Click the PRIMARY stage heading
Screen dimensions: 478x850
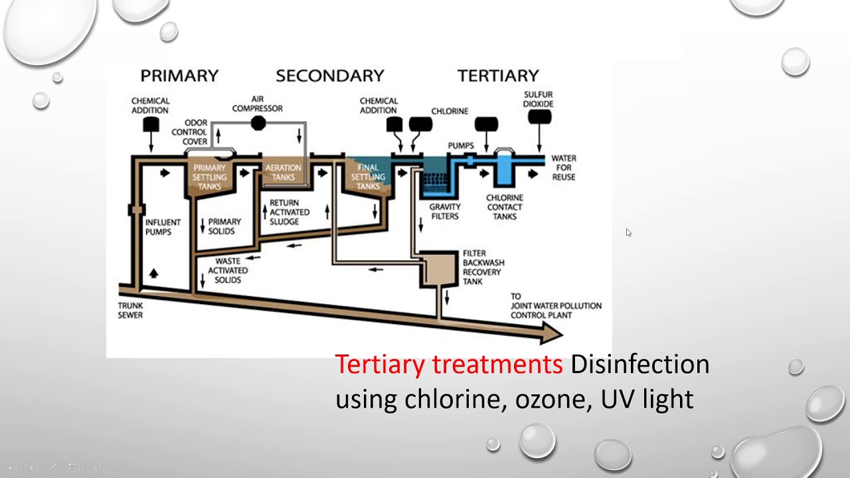tap(179, 76)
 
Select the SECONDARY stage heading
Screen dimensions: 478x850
tap(330, 76)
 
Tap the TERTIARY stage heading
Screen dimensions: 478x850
tap(498, 76)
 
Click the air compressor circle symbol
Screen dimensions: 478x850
tap(258, 123)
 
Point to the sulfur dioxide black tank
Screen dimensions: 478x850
tap(539, 118)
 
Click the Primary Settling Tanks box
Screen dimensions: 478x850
tap(210, 177)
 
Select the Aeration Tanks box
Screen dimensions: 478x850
tap(283, 173)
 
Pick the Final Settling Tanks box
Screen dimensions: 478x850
tap(368, 177)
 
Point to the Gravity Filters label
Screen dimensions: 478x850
tap(444, 211)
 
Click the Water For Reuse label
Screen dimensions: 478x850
tap(563, 167)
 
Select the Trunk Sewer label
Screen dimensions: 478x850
tap(130, 310)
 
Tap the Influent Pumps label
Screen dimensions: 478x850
tap(158, 226)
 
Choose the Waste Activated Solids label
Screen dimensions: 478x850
tap(228, 270)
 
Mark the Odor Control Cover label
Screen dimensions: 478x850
tap(190, 132)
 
